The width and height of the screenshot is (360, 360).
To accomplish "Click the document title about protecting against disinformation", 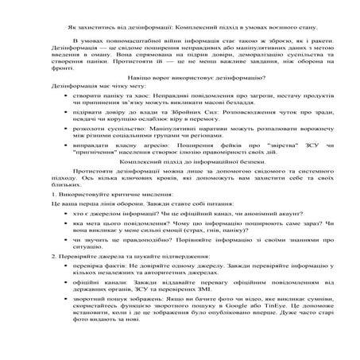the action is point(180,27).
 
